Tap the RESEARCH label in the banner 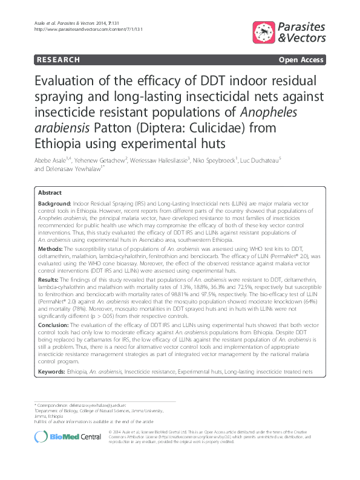(58, 60)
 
